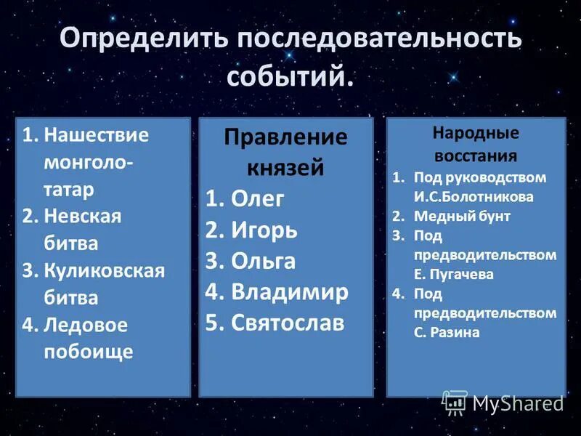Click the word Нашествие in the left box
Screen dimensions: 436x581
(x=96, y=135)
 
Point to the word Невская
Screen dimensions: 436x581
(x=83, y=216)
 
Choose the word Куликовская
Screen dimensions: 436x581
(x=105, y=270)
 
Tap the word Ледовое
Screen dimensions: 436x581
(x=86, y=325)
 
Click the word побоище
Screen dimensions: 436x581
(x=89, y=352)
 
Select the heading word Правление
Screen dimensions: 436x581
(x=285, y=137)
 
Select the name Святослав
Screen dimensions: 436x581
(x=288, y=323)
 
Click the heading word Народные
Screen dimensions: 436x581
(x=476, y=134)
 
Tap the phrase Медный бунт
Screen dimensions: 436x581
(x=462, y=216)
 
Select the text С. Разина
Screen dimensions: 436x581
(x=447, y=333)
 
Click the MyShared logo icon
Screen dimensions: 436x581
(x=455, y=402)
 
